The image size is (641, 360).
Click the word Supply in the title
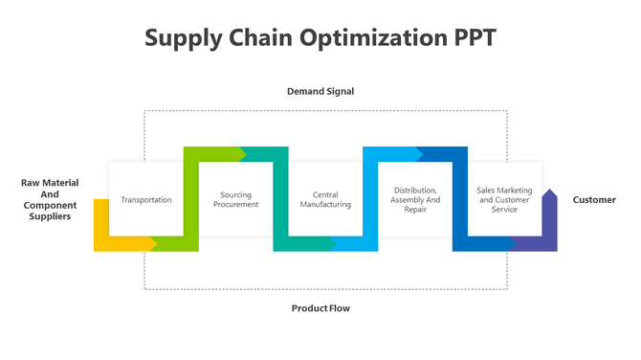click(x=182, y=38)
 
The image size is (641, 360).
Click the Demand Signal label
click(x=320, y=92)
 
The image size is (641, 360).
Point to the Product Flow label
click(x=320, y=308)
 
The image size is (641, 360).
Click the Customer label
click(x=594, y=200)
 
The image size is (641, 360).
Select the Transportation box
click(x=146, y=199)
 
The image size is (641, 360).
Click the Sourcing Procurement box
click(x=235, y=199)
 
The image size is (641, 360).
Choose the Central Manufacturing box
click(x=325, y=199)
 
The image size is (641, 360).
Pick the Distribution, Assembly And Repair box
click(x=415, y=199)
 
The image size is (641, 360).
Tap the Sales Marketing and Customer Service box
click(x=504, y=199)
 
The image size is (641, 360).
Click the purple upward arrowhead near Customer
click(x=549, y=197)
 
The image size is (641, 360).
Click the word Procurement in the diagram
click(x=235, y=205)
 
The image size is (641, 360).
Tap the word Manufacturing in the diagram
click(x=325, y=205)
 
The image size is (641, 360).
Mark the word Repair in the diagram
click(x=415, y=210)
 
